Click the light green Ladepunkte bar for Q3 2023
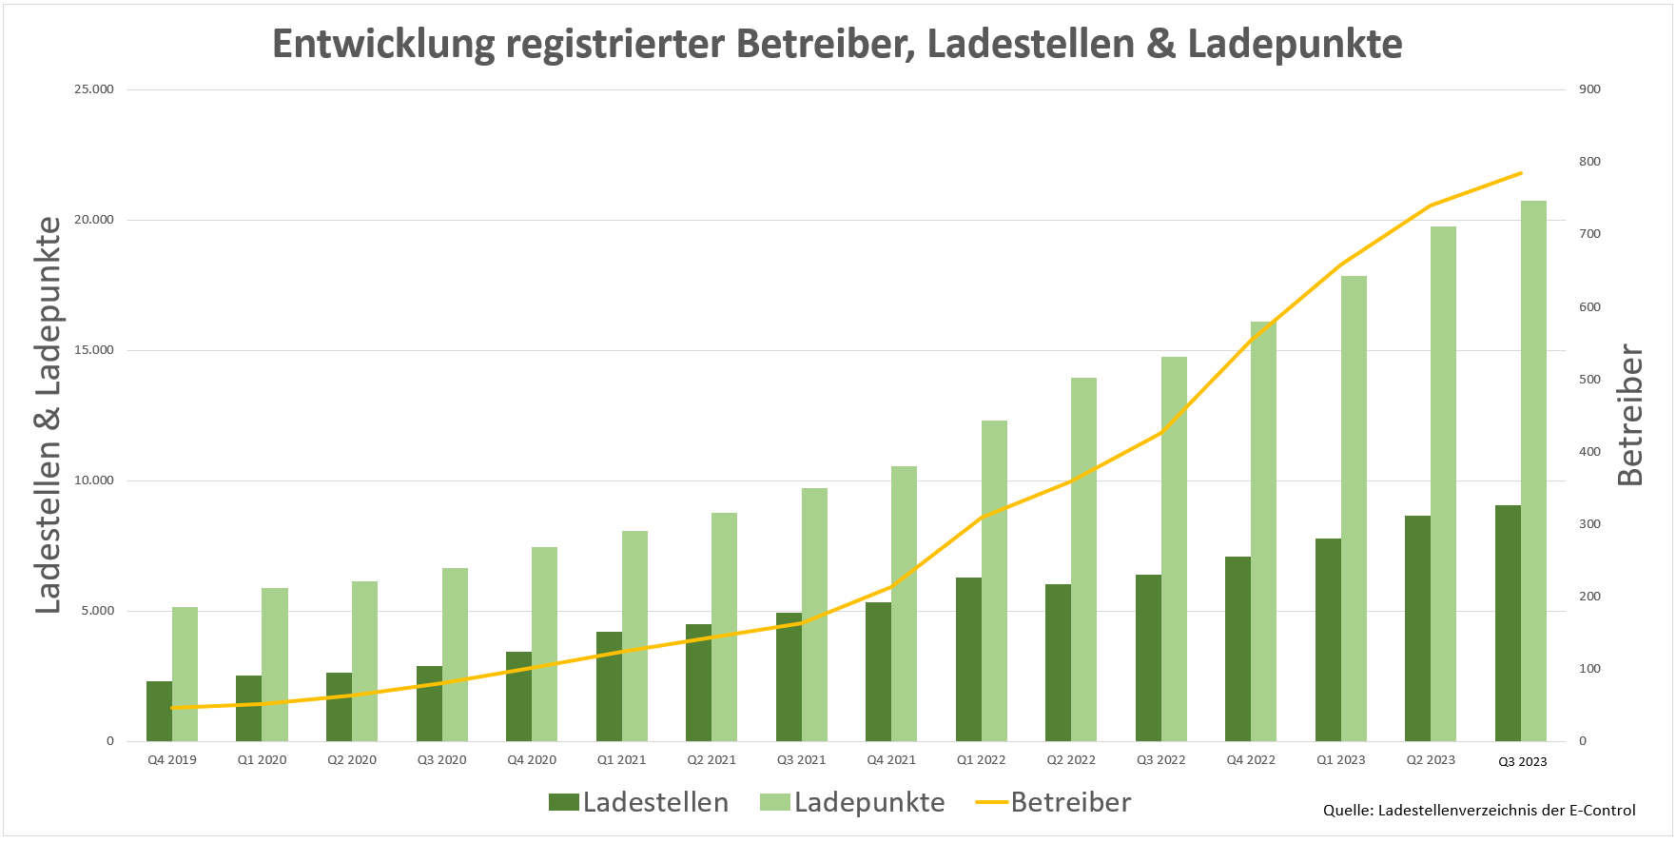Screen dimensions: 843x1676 pos(1533,471)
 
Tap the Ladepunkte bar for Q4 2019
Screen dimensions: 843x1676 pos(185,674)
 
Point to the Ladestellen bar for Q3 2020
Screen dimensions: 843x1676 pos(429,703)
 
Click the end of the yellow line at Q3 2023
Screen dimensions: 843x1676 pos(1521,173)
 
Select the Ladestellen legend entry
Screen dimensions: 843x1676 pos(639,802)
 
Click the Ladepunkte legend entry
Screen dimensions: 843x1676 pos(852,802)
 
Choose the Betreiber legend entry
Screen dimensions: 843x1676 pos(1054,802)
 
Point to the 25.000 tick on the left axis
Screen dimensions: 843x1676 pos(94,89)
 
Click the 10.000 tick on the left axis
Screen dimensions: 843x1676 pos(94,480)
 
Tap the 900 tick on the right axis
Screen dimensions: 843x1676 pos(1589,89)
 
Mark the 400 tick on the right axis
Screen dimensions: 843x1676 pos(1589,452)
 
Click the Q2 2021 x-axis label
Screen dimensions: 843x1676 pos(711,760)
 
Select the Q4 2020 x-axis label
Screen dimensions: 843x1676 pos(532,760)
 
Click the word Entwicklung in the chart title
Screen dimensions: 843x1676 pos(383,45)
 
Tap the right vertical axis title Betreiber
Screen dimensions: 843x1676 pos(1629,415)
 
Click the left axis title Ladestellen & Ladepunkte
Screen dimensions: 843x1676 pos(49,415)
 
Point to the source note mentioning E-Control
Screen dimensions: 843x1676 pos(1479,811)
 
